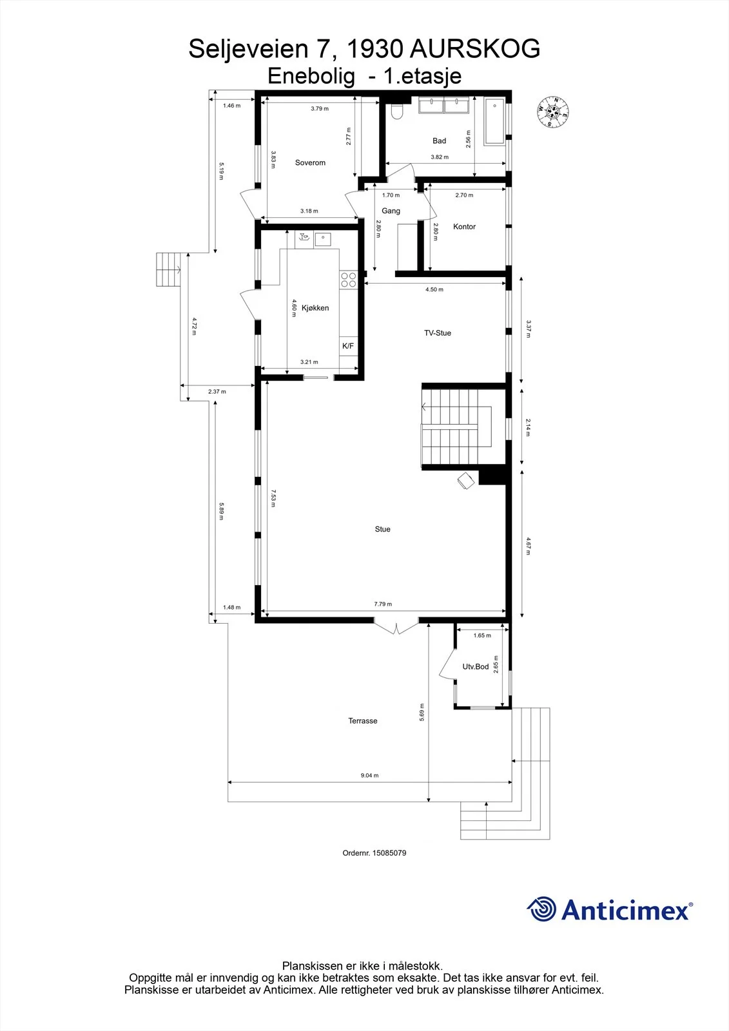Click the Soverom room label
tap(310, 162)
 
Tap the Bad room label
tap(439, 141)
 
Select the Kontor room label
tap(464, 226)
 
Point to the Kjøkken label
tap(315, 308)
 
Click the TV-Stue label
tap(438, 332)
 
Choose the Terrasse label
tap(362, 721)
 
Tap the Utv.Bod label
tap(475, 666)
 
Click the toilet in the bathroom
tap(396, 110)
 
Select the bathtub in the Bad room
tap(494, 122)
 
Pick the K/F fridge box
tap(348, 345)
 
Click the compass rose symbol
tap(552, 112)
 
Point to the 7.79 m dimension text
tap(383, 604)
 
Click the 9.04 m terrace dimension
tap(369, 775)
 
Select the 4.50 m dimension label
tap(434, 289)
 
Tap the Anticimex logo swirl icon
tap(541, 909)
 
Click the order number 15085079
tap(389, 853)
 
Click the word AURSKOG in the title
tap(475, 49)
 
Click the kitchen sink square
tap(323, 239)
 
